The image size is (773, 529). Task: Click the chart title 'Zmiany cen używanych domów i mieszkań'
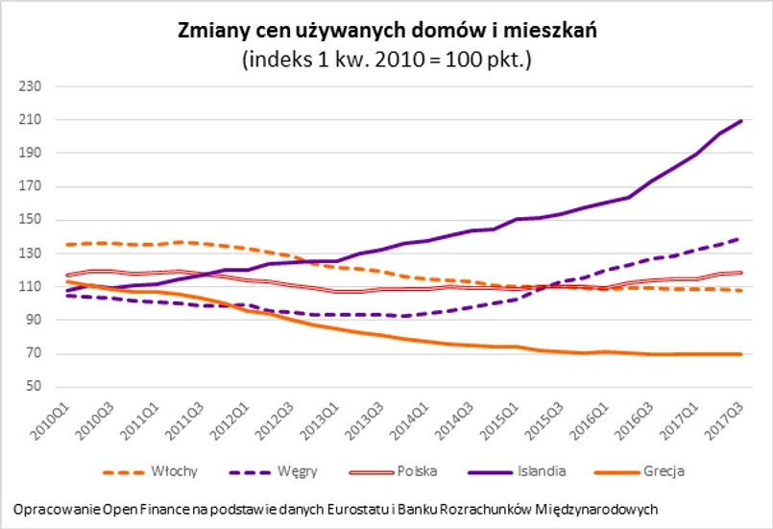[388, 30]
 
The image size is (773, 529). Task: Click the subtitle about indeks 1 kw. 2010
[388, 59]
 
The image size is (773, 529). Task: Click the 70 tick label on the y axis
[36, 353]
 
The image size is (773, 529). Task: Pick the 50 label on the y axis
[36, 387]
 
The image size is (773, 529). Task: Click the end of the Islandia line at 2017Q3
[741, 120]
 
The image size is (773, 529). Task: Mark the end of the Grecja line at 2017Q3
[741, 354]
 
